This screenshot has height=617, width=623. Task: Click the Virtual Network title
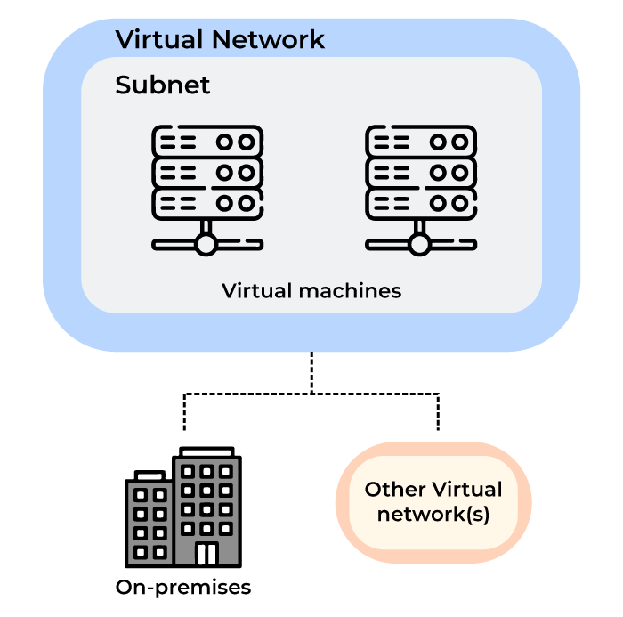pos(220,40)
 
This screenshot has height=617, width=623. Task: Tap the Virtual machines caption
pos(311,291)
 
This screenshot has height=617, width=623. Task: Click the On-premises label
pos(183,588)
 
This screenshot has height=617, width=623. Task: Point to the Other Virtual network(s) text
pos(433,502)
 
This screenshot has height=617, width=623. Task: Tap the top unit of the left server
pos(207,141)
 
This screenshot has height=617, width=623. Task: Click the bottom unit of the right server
pos(420,202)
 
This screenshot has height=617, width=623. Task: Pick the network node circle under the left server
pos(207,243)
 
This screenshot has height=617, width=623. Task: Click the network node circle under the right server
pos(420,243)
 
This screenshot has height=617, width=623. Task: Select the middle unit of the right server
pos(420,172)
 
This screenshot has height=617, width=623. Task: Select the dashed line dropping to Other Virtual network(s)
pos(438,411)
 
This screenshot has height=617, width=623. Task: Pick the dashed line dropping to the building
pos(184,411)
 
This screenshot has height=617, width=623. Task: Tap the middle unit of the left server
pos(207,172)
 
